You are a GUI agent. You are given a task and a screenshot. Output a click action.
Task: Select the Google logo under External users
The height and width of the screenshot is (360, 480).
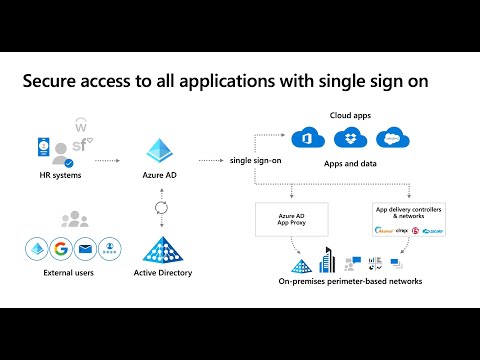click(63, 250)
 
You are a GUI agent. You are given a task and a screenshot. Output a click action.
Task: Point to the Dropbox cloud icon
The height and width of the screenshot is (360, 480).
click(349, 137)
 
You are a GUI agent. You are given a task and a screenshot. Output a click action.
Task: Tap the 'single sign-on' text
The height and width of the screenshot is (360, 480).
click(253, 160)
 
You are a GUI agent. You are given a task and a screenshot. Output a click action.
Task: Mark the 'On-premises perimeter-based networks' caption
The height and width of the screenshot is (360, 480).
click(350, 282)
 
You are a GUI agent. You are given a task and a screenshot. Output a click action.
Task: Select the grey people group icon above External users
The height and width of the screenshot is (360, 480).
click(75, 219)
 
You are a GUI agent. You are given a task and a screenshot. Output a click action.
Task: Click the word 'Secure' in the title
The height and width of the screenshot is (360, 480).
click(57, 84)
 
